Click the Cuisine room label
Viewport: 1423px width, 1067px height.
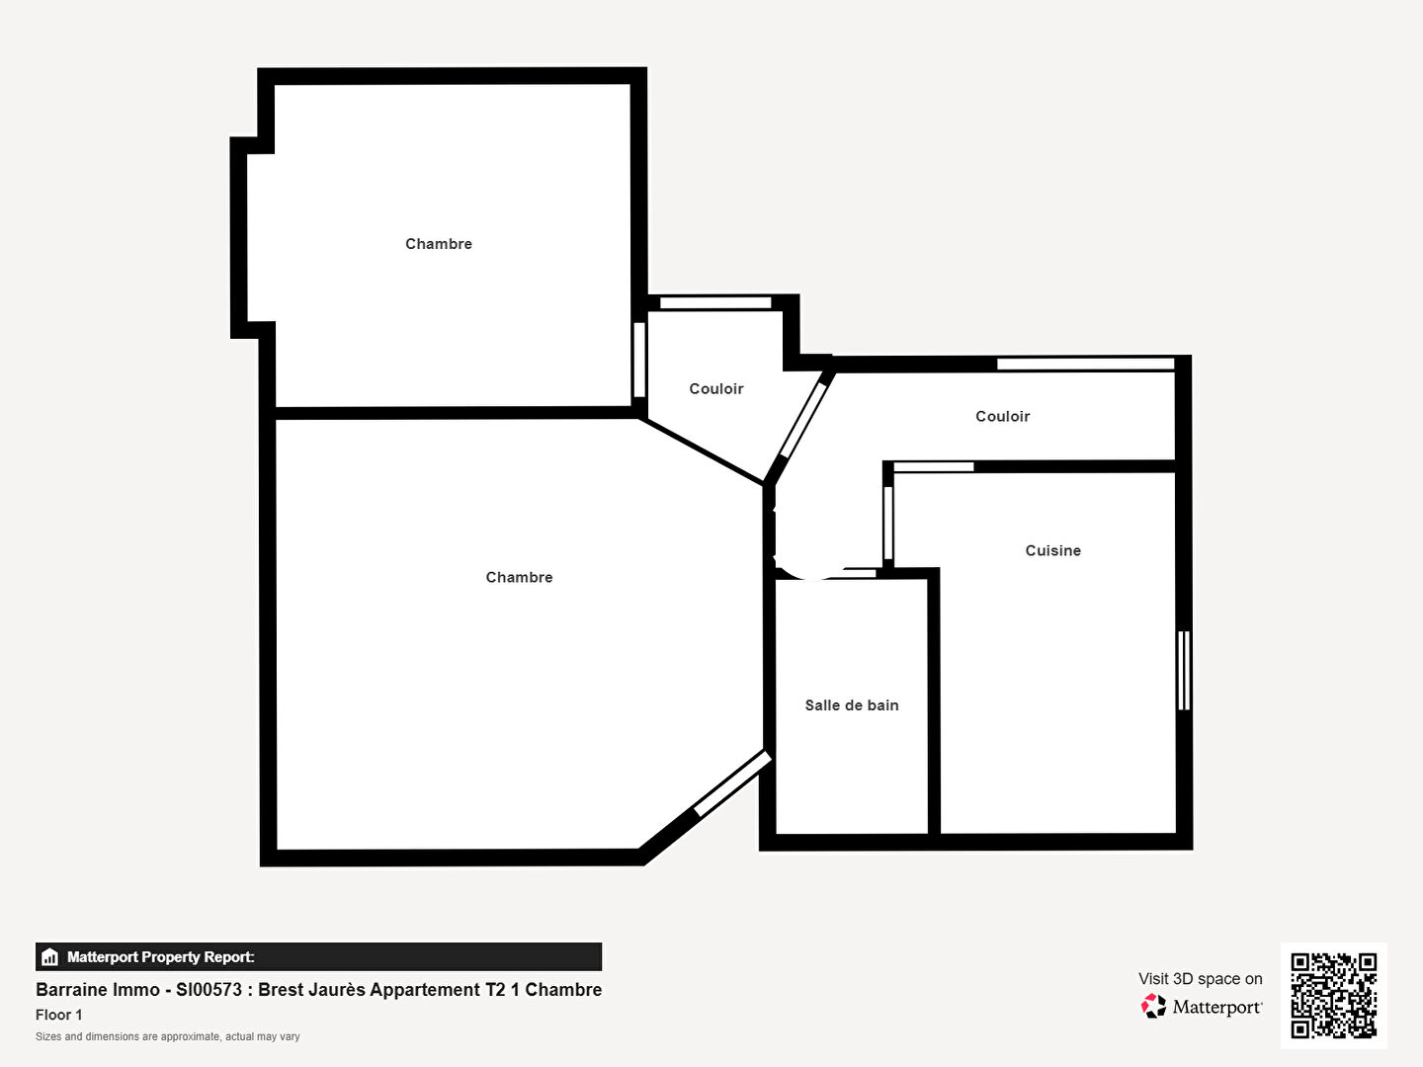pyautogui.click(x=1052, y=550)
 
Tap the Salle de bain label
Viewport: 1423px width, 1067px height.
pyautogui.click(x=852, y=705)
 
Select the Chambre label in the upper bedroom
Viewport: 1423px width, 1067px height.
pyautogui.click(x=439, y=244)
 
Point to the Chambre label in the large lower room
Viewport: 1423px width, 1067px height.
pyautogui.click(x=519, y=577)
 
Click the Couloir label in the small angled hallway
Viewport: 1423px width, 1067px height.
pyautogui.click(x=716, y=388)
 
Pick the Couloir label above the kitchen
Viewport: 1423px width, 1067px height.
pyautogui.click(x=1003, y=417)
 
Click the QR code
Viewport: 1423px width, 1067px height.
pyautogui.click(x=1333, y=996)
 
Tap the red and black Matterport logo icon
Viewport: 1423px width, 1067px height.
pyautogui.click(x=1153, y=1006)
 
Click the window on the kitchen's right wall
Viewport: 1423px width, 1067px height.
pyautogui.click(x=1184, y=671)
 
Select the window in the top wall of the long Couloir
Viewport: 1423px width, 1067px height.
pyautogui.click(x=1086, y=365)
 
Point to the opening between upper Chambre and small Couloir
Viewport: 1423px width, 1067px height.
pyautogui.click(x=639, y=360)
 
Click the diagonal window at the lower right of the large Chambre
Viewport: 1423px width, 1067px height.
pyautogui.click(x=732, y=783)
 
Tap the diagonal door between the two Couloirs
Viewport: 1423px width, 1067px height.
pyautogui.click(x=803, y=421)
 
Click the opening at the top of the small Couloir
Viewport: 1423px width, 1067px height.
pyautogui.click(x=715, y=302)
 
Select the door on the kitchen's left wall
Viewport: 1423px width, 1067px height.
pyautogui.click(x=888, y=524)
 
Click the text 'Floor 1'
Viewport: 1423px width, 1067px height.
pyautogui.click(x=59, y=1015)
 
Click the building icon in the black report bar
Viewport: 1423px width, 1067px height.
pyautogui.click(x=50, y=957)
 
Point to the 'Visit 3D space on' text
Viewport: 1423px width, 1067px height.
pyautogui.click(x=1201, y=979)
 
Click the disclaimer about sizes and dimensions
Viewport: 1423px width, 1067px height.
pyautogui.click(x=168, y=1036)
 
